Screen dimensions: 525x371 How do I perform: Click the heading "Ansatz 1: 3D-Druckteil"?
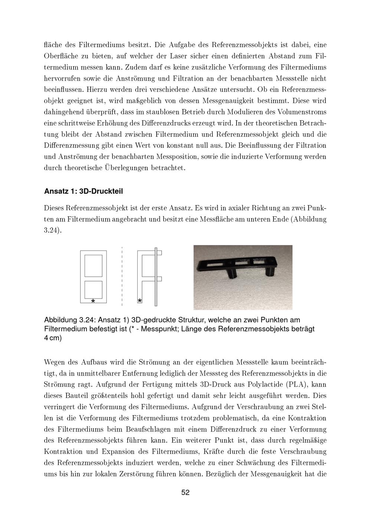pyautogui.click(x=83, y=192)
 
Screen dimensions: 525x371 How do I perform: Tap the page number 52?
pyautogui.click(x=185, y=493)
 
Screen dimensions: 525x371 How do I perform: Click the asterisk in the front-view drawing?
pyautogui.click(x=93, y=301)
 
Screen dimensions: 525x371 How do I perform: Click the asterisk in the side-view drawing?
pyautogui.click(x=139, y=300)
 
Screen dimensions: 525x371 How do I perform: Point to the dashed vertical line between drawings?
pyautogui.click(x=122, y=275)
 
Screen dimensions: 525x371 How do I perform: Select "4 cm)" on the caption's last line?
pyautogui.click(x=53, y=339)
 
